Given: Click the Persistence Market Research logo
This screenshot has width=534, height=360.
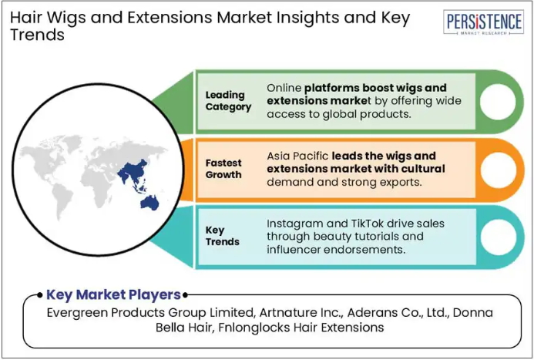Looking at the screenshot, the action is pyautogui.click(x=483, y=22).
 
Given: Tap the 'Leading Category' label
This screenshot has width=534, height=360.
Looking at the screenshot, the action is pyautogui.click(x=228, y=101).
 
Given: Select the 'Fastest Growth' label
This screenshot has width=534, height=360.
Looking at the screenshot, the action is pyautogui.click(x=223, y=169).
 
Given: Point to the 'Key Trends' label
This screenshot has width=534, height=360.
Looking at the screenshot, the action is pyautogui.click(x=223, y=236).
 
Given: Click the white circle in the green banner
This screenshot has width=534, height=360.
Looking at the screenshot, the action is pyautogui.click(x=498, y=102).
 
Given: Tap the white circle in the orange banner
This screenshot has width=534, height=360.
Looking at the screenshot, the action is pyautogui.click(x=499, y=170).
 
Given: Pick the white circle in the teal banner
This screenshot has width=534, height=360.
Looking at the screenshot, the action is pyautogui.click(x=499, y=237).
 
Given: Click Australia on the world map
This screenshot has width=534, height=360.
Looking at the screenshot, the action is pyautogui.click(x=149, y=202).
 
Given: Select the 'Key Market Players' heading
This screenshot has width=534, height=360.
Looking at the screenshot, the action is pyautogui.click(x=113, y=294).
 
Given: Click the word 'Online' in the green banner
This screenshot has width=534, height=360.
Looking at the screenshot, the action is pyautogui.click(x=284, y=88).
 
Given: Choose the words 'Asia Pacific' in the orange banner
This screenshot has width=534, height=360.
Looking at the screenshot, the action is pyautogui.click(x=297, y=156).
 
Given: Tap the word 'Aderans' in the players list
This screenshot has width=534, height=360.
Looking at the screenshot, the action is pyautogui.click(x=369, y=312).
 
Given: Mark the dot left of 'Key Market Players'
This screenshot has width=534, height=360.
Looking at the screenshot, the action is pyautogui.click(x=40, y=295).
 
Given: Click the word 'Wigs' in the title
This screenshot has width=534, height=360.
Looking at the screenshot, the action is pyautogui.click(x=65, y=18).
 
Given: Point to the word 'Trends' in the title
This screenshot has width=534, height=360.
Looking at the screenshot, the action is pyautogui.click(x=37, y=35).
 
